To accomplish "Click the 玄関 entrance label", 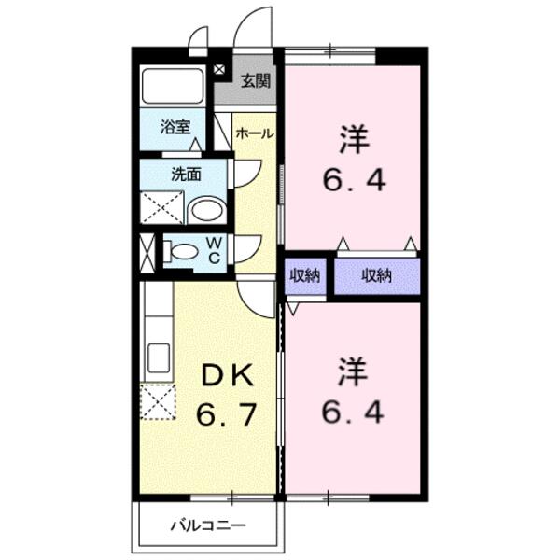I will (255, 80).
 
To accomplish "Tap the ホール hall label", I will (254, 133).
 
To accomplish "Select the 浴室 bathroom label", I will (174, 127).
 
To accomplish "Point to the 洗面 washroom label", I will (185, 173).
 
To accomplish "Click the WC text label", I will (213, 251).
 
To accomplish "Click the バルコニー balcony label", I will (207, 525).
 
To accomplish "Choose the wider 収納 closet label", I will (376, 275).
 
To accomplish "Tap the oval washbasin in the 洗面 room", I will (206, 209).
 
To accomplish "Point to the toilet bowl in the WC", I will (184, 250).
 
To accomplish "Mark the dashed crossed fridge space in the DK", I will (158, 403).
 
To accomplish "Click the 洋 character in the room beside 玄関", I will (351, 141).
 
